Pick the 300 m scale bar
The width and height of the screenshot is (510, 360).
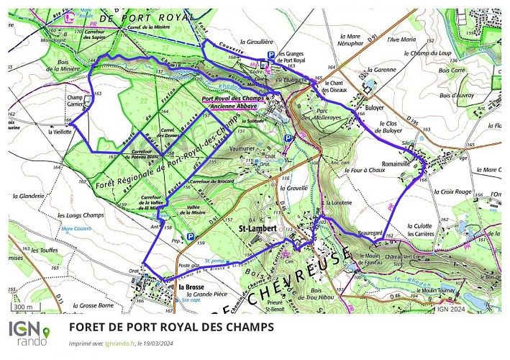[24, 307]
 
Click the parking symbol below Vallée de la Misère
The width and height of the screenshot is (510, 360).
[190, 236]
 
